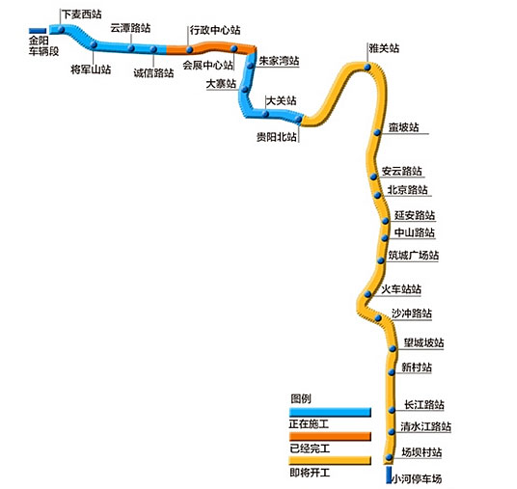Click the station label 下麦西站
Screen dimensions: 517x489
tap(82, 14)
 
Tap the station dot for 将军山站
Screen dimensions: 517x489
tap(94, 44)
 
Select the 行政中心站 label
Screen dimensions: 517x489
tap(215, 30)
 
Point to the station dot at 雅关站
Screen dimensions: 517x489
tap(367, 68)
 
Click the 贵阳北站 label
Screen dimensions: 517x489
tap(277, 137)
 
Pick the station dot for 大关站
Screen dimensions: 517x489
tap(265, 114)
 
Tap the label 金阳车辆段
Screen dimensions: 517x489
tap(43, 46)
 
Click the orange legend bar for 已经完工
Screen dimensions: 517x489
tap(330, 436)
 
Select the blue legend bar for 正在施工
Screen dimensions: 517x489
tap(330, 412)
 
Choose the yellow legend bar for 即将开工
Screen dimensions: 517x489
tap(330, 461)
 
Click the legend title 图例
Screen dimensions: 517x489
tap(301, 398)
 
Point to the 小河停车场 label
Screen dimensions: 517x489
tap(417, 478)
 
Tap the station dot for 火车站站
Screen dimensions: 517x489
tap(367, 294)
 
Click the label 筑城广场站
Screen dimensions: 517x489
tap(414, 256)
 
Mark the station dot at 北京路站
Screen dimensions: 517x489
tap(377, 195)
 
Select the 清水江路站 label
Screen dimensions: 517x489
tap(425, 426)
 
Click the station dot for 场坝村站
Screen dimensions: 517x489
tap(389, 457)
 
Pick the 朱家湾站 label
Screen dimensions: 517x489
tap(279, 61)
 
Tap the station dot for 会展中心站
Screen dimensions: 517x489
tap(234, 49)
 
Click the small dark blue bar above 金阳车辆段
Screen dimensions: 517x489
tap(38, 31)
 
